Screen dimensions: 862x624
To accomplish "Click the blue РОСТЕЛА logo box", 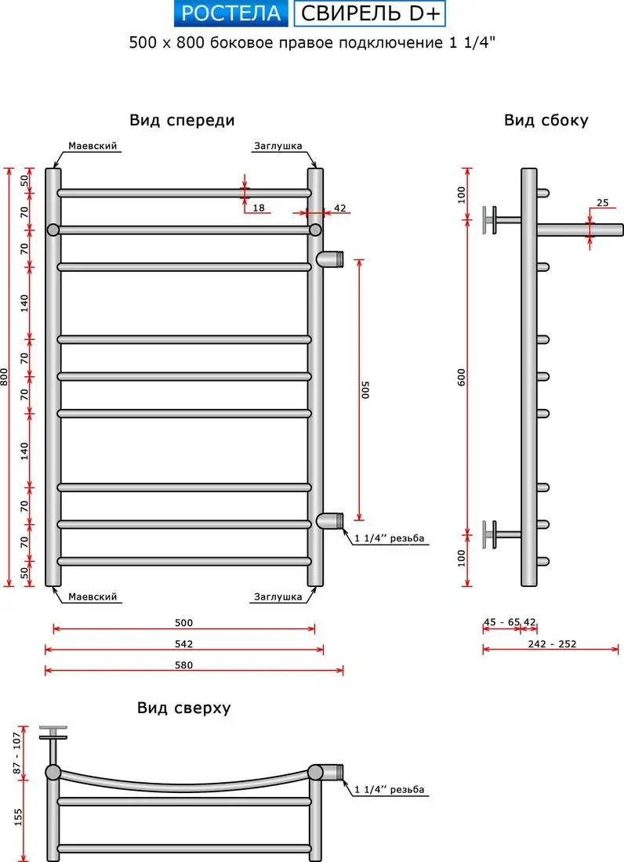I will [x=230, y=13].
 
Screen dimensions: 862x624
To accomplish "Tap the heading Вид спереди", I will [x=182, y=120].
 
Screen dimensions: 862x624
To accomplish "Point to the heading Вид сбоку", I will [x=546, y=120].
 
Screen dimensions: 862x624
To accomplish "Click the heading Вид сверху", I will [x=183, y=708].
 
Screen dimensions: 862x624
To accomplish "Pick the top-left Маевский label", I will [x=93, y=147].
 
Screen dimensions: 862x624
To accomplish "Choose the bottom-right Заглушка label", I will [x=278, y=597].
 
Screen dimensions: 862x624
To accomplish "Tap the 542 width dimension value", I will [x=183, y=644].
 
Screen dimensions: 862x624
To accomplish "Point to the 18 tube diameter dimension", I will [x=259, y=208].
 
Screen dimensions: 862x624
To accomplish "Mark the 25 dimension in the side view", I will [x=602, y=203].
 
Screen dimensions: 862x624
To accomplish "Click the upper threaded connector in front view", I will [x=332, y=258].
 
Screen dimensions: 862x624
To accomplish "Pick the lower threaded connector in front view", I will [x=332, y=520].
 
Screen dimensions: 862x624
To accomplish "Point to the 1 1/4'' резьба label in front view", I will [x=390, y=539].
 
